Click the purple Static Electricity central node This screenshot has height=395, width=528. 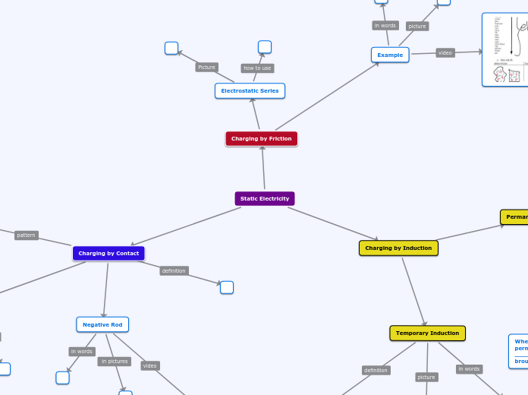point(264,198)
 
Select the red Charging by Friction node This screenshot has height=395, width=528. point(262,139)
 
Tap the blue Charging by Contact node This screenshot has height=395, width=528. point(108,253)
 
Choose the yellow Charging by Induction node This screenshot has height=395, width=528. point(398,248)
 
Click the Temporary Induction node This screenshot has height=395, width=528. point(427,333)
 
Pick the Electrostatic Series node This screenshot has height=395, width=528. point(250,90)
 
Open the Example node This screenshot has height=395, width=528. point(390,55)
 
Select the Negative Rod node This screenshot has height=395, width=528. point(102,324)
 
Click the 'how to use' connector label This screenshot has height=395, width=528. point(257,68)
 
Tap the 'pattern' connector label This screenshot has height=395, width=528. point(26,235)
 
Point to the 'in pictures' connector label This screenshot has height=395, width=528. point(114,362)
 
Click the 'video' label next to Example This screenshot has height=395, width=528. point(445,53)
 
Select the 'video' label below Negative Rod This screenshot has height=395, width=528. point(150,365)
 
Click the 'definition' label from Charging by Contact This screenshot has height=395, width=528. point(174,270)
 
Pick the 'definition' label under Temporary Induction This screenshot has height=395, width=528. point(376,371)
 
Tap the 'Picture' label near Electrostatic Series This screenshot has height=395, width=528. point(206,68)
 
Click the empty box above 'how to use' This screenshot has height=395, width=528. point(265,47)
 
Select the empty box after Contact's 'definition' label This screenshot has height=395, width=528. point(227,287)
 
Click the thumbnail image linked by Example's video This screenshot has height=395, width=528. point(505,49)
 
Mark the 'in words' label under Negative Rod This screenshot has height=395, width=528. point(81,352)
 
